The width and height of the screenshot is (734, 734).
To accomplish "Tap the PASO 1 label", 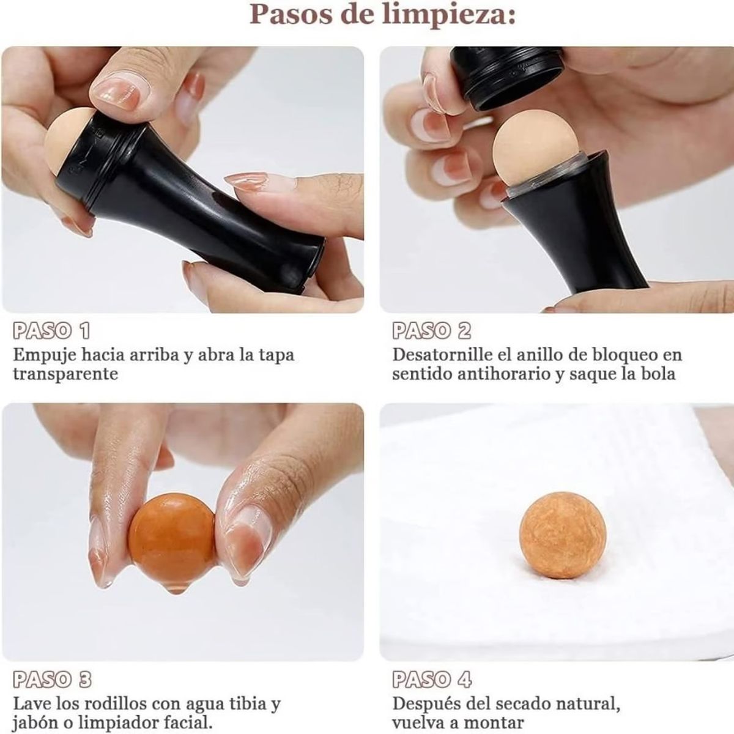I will (51, 331).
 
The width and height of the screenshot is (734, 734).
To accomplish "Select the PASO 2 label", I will (432, 331).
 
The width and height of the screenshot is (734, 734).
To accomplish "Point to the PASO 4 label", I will (432, 680).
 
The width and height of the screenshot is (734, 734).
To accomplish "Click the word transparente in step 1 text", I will (65, 374).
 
